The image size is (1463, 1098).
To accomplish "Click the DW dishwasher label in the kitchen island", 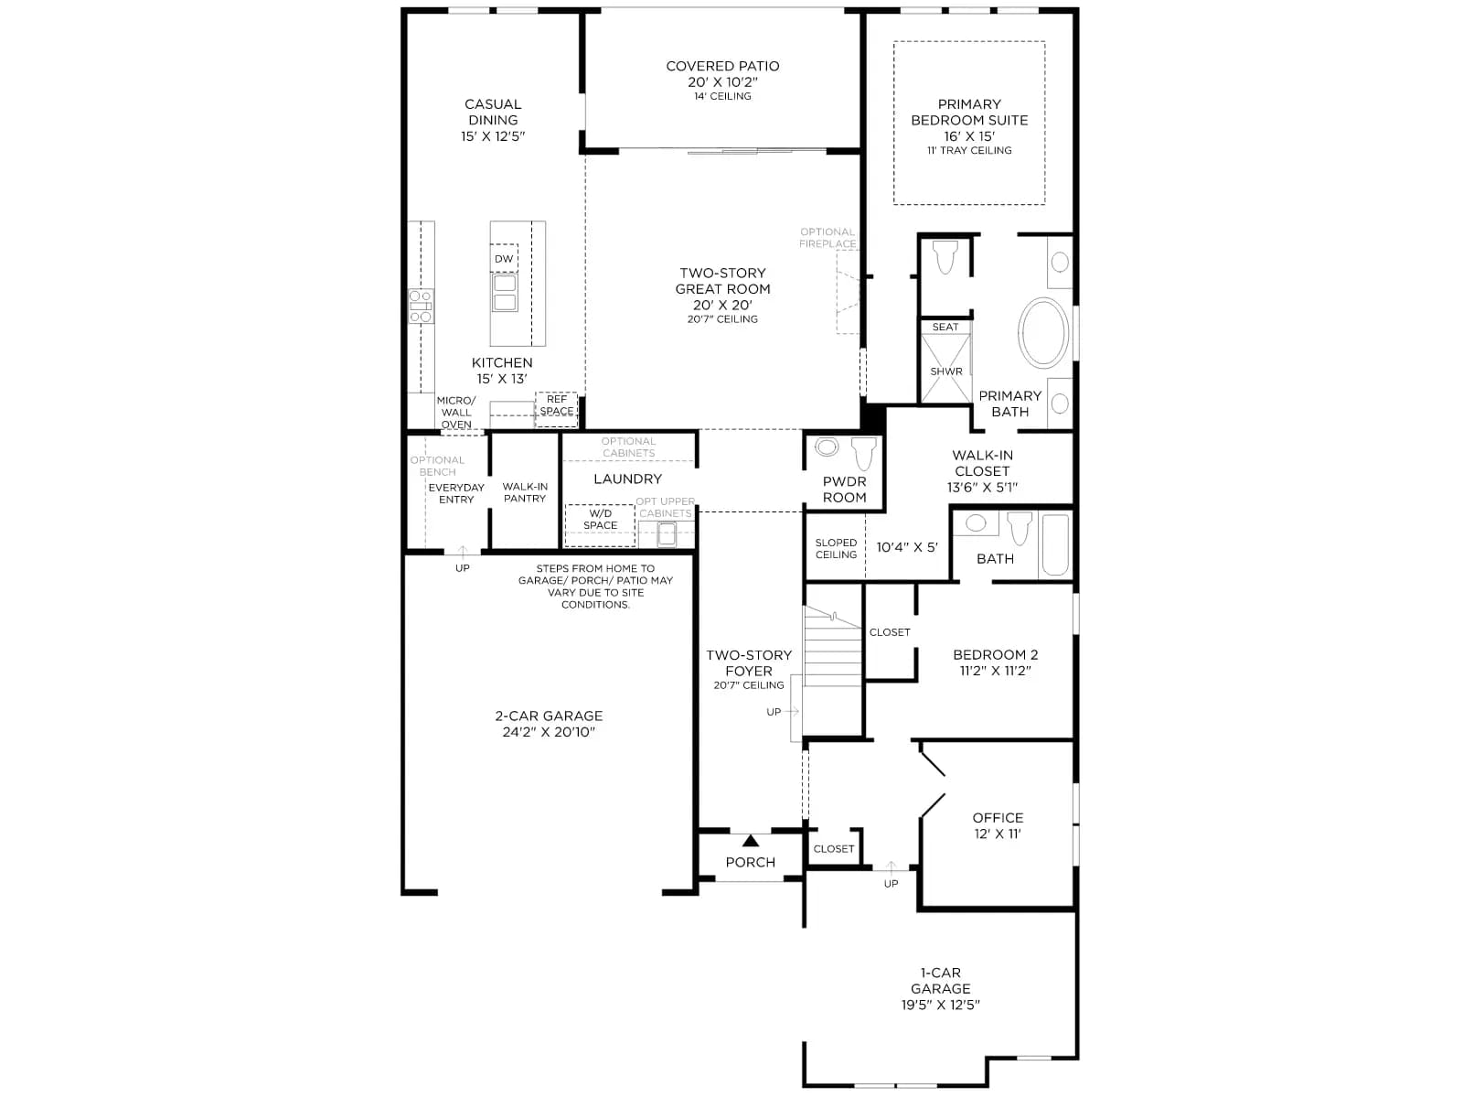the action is tap(504, 259).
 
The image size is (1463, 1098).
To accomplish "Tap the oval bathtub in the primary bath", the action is tap(1043, 333).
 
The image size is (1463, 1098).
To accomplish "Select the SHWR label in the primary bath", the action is tap(945, 371).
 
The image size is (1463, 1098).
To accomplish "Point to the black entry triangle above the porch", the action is tap(751, 841).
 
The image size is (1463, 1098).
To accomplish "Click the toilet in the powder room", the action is tap(864, 453).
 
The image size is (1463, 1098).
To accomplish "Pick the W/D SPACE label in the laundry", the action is tap(600, 520).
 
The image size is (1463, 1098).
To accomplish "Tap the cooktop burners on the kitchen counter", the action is tap(421, 306).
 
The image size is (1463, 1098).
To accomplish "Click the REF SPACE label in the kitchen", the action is tap(557, 405).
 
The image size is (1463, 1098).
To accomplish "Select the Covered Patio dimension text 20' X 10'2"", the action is tap(722, 82).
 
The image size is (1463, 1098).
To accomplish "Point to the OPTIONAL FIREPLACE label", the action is tap(828, 238).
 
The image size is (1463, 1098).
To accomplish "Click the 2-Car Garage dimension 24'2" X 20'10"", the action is tap(549, 732).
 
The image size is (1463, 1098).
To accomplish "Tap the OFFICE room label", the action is tap(997, 817).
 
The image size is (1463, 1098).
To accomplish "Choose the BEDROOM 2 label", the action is tap(995, 654).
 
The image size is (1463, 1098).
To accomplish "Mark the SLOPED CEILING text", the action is tap(836, 549).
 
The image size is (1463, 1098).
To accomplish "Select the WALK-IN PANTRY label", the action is tap(525, 492).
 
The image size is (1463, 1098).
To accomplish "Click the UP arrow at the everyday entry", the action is tap(463, 551).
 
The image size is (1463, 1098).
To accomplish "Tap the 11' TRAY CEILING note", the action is tap(969, 151).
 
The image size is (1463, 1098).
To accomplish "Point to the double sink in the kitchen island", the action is tap(505, 293).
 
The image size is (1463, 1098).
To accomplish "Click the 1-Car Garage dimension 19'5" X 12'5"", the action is tap(941, 1005).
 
